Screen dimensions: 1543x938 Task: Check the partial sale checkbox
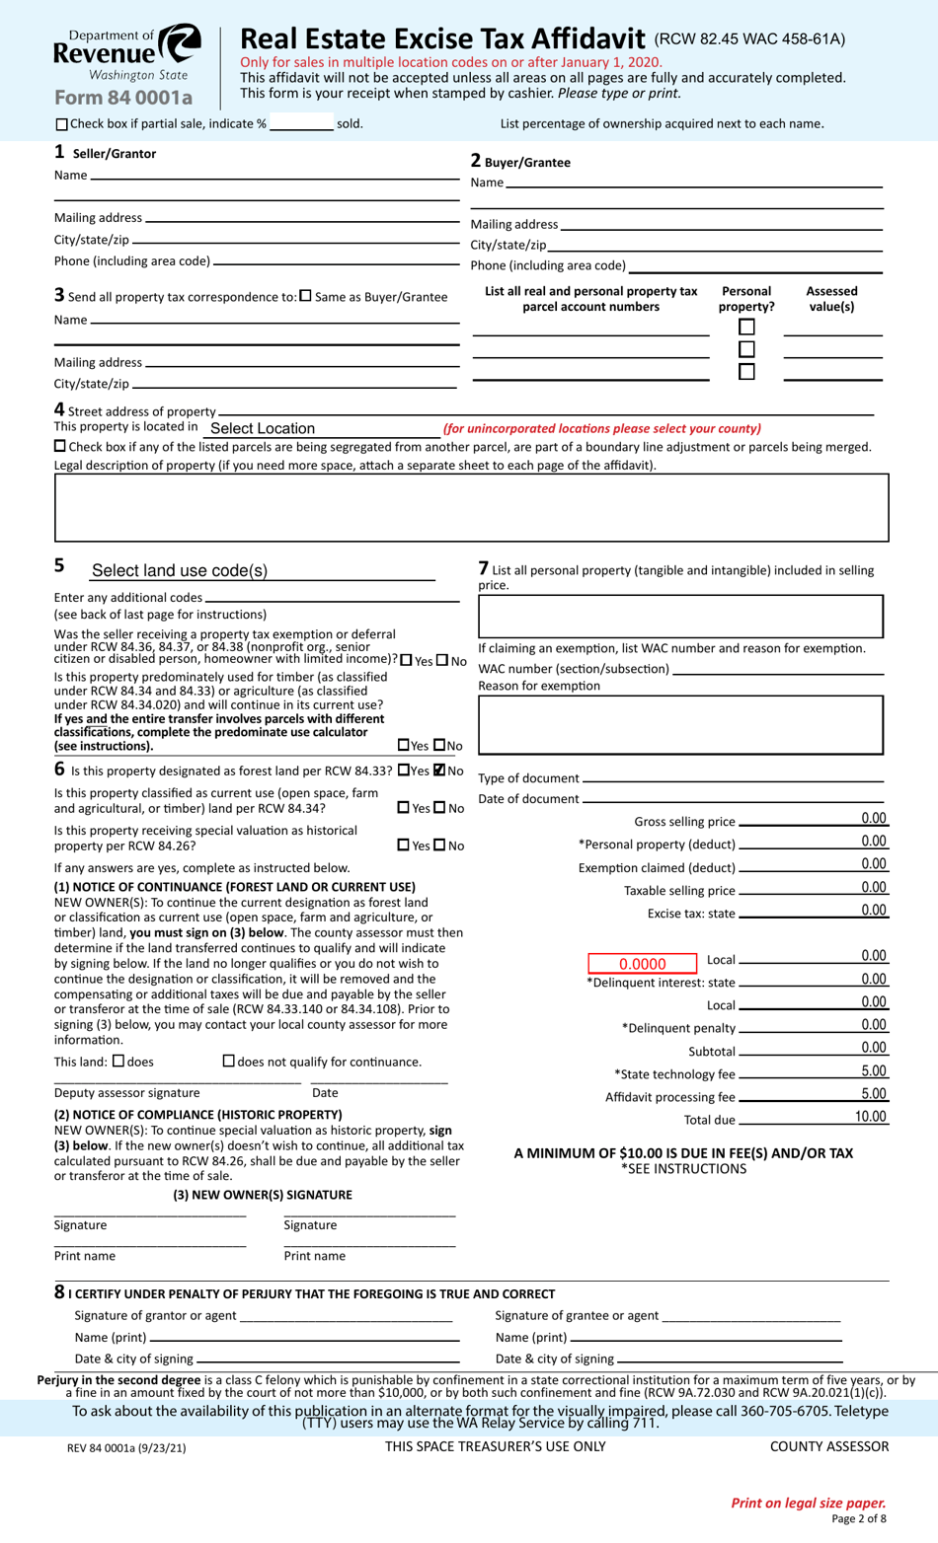(62, 124)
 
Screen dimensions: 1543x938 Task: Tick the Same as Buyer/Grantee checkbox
(305, 296)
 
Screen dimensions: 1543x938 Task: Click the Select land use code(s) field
(262, 570)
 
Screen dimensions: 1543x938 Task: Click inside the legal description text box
(471, 507)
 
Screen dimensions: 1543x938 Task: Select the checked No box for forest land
(439, 771)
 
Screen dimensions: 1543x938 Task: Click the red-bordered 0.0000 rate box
(642, 964)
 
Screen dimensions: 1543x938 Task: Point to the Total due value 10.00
(870, 1117)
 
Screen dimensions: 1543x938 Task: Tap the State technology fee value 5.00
(873, 1071)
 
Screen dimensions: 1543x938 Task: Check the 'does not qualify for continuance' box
(229, 1061)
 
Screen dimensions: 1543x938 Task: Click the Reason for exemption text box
(680, 724)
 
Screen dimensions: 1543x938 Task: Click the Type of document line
(733, 778)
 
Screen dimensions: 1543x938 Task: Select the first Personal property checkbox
(746, 327)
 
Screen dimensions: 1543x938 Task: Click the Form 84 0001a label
(123, 97)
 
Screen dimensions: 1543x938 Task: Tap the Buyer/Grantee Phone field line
(755, 265)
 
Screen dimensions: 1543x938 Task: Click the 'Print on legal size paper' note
(808, 1503)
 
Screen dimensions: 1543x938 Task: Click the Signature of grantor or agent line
(346, 1316)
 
